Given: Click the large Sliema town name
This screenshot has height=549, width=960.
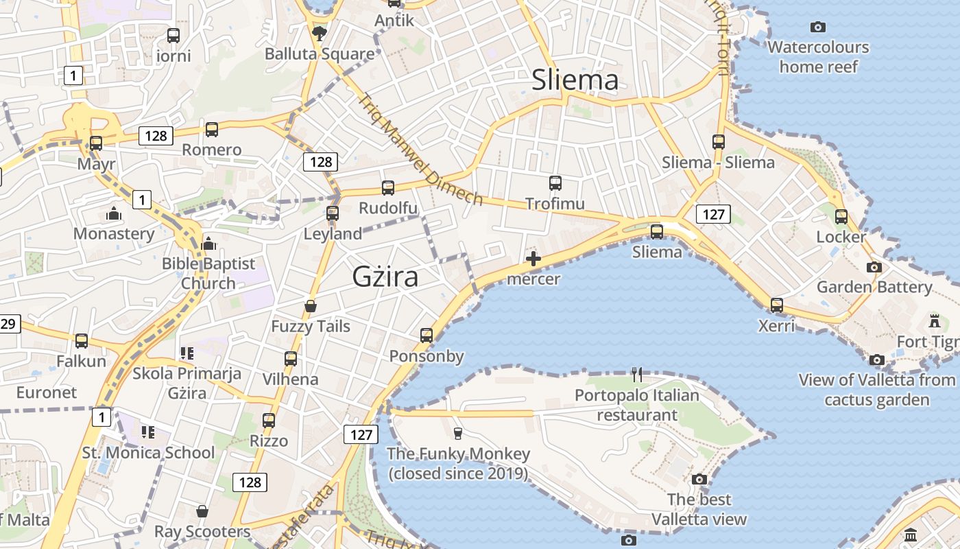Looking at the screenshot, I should click(x=575, y=80).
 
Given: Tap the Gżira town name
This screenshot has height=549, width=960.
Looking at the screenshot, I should click(x=385, y=277).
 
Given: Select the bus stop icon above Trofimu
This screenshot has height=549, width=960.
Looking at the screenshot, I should click(x=555, y=183).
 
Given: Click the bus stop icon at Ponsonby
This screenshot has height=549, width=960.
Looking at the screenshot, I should click(x=427, y=336).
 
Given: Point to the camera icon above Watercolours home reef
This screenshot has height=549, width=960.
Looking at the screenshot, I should click(x=818, y=27).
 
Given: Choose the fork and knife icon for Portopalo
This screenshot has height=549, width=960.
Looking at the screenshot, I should click(x=637, y=375).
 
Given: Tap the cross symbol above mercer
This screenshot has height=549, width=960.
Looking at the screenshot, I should click(x=533, y=259).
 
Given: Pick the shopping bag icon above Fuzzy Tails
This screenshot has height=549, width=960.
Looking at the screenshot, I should click(x=311, y=306).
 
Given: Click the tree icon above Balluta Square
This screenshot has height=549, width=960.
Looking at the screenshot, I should click(x=319, y=33).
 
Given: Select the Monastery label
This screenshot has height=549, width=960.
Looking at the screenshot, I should click(x=114, y=233).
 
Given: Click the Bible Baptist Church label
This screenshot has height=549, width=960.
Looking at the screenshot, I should click(x=208, y=273).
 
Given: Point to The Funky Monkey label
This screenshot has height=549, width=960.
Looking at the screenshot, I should click(x=458, y=463).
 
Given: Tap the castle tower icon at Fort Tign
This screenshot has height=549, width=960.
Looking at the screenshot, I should click(x=934, y=320).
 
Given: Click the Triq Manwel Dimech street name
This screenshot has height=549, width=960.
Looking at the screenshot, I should click(x=420, y=150).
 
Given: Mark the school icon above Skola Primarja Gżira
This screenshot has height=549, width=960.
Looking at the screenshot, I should click(x=187, y=353).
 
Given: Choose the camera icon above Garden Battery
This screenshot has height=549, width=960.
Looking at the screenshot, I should click(x=874, y=267).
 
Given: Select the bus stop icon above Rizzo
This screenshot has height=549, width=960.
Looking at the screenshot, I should click(x=269, y=421).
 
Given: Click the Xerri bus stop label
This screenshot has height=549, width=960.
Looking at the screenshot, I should click(x=776, y=325).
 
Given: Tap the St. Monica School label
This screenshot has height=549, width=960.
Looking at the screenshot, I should click(x=148, y=452).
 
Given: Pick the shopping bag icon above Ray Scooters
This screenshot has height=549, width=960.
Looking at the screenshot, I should click(x=202, y=511).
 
